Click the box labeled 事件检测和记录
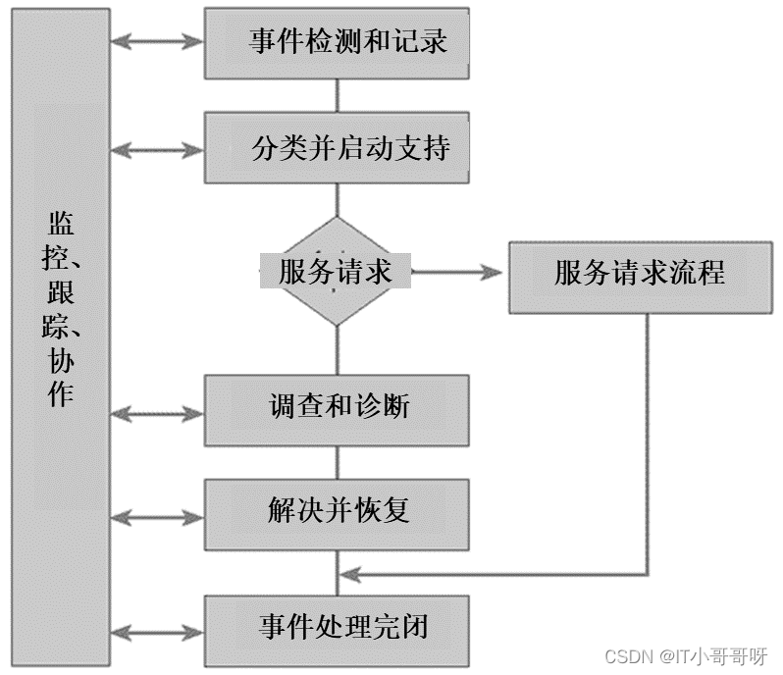[x=338, y=43]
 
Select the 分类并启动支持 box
[x=338, y=147]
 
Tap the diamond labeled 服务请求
[x=337, y=272]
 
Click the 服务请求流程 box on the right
[x=639, y=272]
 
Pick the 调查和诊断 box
[x=338, y=407]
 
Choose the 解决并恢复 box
[x=338, y=511]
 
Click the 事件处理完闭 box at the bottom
[x=338, y=628]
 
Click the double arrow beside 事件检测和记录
[x=157, y=42]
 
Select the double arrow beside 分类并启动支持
[x=157, y=149]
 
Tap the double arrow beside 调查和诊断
[x=157, y=413]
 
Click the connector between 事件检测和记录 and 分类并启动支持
[x=338, y=95]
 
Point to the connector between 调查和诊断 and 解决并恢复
[x=338, y=462]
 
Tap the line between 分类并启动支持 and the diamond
[x=338, y=200]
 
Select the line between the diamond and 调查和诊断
[x=338, y=348]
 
